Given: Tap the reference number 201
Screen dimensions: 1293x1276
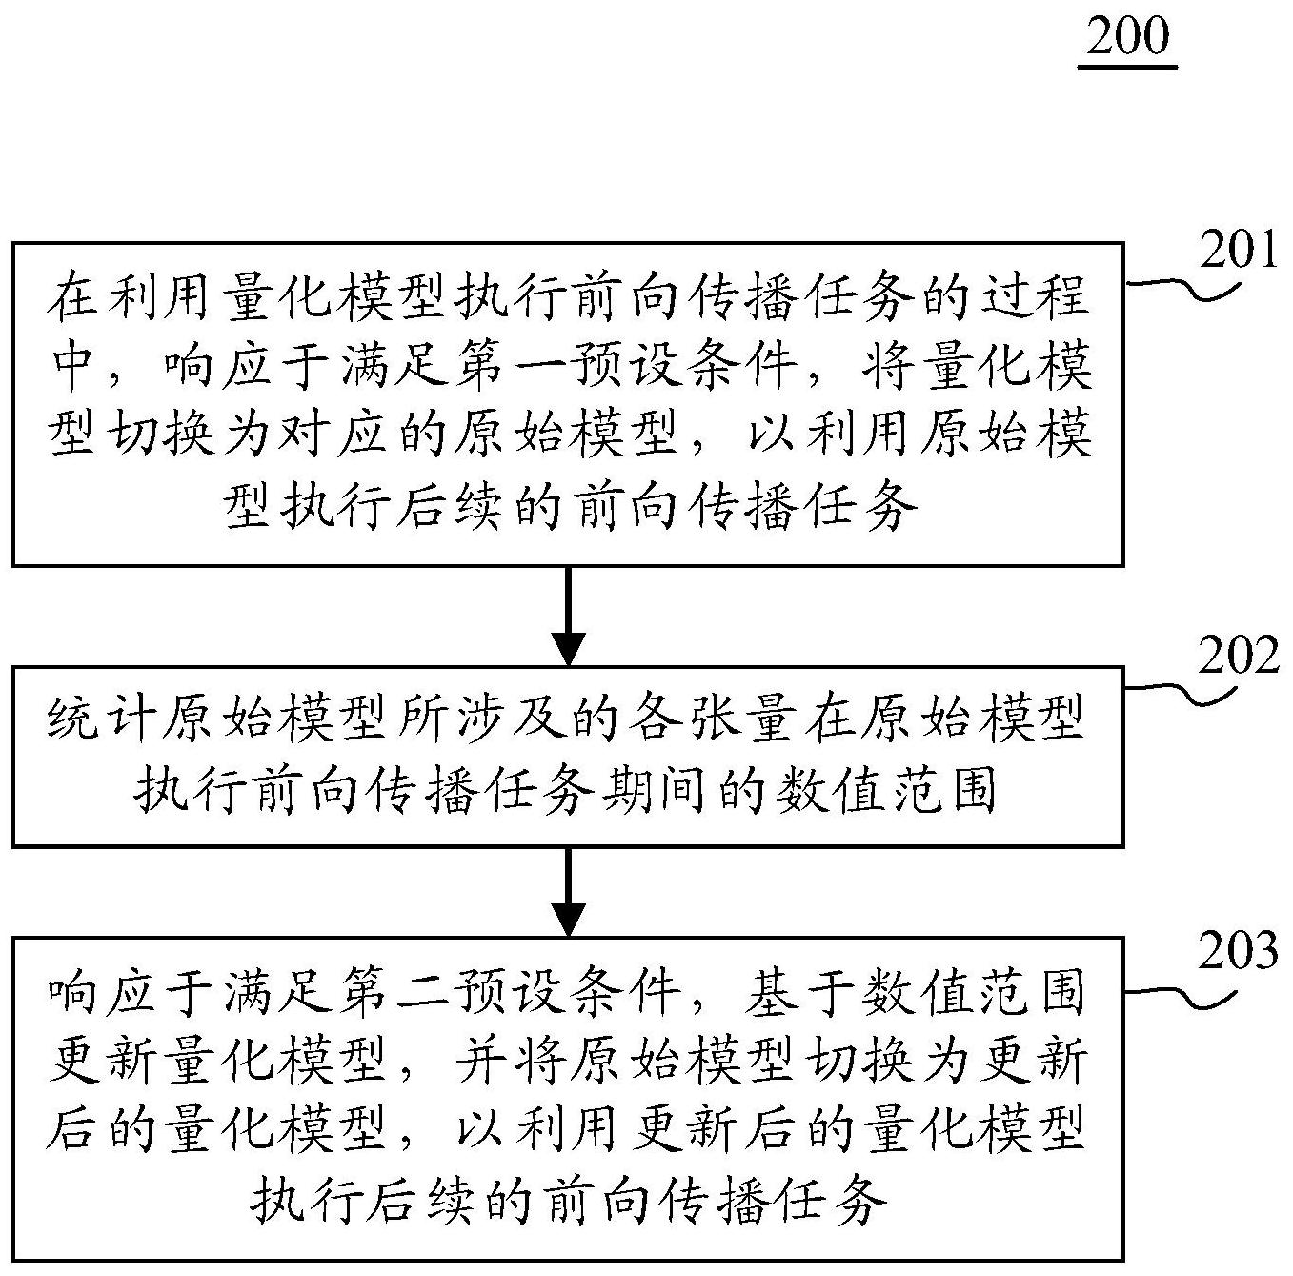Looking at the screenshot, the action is coord(1238,251).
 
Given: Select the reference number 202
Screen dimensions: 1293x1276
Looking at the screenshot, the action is coord(1239,655).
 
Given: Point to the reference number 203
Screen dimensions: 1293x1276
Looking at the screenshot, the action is coord(1239,950).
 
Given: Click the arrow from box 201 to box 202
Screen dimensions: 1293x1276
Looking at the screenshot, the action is coord(568,617).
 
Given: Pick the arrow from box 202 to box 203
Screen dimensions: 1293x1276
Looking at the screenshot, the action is coord(568,891).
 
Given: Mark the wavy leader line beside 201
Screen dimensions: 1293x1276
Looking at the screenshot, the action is coord(1182,290).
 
